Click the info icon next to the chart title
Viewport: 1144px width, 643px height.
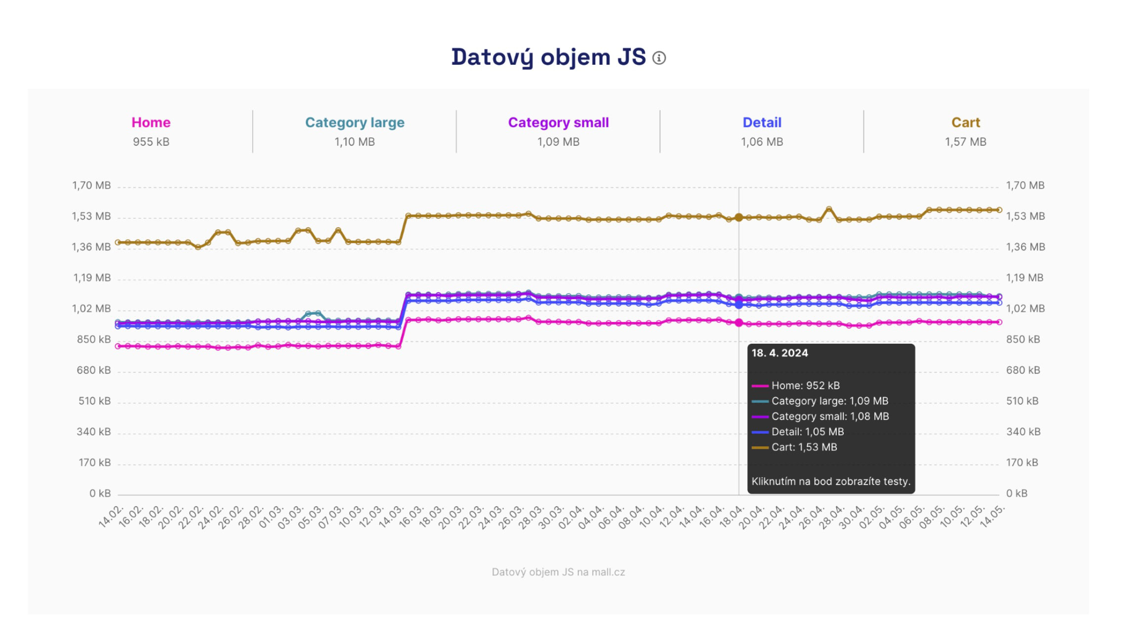(x=659, y=58)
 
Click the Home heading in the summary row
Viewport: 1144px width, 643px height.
(x=151, y=122)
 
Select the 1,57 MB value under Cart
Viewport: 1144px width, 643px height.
(x=965, y=142)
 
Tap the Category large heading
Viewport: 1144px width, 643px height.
(x=354, y=122)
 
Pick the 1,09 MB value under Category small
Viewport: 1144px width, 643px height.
(x=558, y=142)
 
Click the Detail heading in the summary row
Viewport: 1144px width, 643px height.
(x=762, y=122)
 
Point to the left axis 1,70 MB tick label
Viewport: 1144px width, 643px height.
(x=91, y=186)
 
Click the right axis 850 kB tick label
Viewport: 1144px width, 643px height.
(x=1023, y=340)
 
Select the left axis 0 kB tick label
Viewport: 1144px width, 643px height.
(x=100, y=493)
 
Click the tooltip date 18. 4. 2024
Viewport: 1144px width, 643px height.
(x=779, y=353)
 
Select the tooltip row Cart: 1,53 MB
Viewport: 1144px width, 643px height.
(x=804, y=447)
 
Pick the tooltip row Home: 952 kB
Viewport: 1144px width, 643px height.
(x=805, y=386)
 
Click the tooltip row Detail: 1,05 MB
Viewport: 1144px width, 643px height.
(x=807, y=432)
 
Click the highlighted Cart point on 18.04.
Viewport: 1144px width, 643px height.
(x=739, y=217)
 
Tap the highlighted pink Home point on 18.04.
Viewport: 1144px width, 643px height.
(x=739, y=323)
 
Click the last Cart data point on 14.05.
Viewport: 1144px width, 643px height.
(x=999, y=210)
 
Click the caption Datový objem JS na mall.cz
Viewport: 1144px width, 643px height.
(x=558, y=572)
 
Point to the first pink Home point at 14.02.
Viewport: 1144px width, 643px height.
(x=118, y=346)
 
